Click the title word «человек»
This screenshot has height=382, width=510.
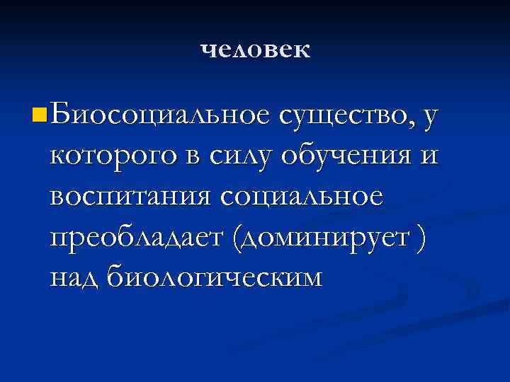255,50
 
